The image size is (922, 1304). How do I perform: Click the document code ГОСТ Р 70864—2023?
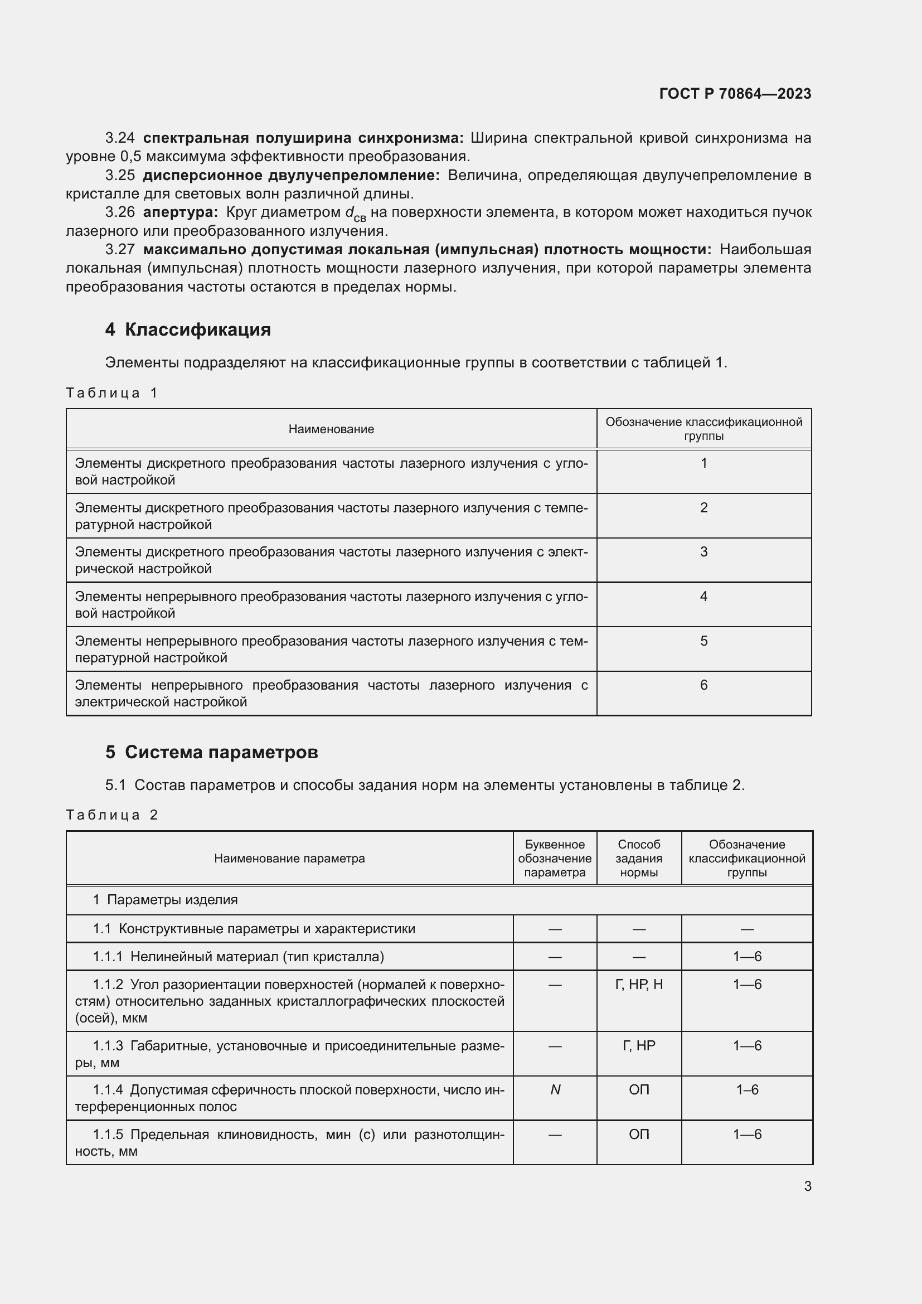[x=735, y=94]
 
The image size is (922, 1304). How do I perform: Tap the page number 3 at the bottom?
[x=807, y=1186]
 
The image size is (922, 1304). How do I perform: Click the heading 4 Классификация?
[x=188, y=329]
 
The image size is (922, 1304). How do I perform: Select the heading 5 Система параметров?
[x=211, y=752]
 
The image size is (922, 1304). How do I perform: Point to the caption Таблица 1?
[x=111, y=393]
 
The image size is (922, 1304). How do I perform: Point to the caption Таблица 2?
[x=111, y=815]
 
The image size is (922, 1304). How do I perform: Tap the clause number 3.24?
[x=120, y=138]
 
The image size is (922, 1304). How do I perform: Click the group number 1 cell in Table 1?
[x=703, y=463]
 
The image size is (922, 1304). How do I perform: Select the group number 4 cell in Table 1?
[x=703, y=597]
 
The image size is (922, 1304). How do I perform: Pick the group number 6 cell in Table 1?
[x=703, y=686]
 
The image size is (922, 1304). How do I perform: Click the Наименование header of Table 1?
[x=331, y=429]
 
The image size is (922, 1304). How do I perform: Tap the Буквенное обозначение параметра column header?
[x=554, y=858]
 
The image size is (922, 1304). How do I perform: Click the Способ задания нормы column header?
[x=639, y=858]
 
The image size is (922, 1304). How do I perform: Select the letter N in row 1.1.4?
[x=555, y=1090]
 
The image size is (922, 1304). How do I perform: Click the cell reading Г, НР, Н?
[x=639, y=984]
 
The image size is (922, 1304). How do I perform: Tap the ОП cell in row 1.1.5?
[x=639, y=1134]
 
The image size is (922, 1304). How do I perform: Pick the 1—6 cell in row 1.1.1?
[x=746, y=957]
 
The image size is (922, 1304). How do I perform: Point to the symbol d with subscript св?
[x=355, y=214]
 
